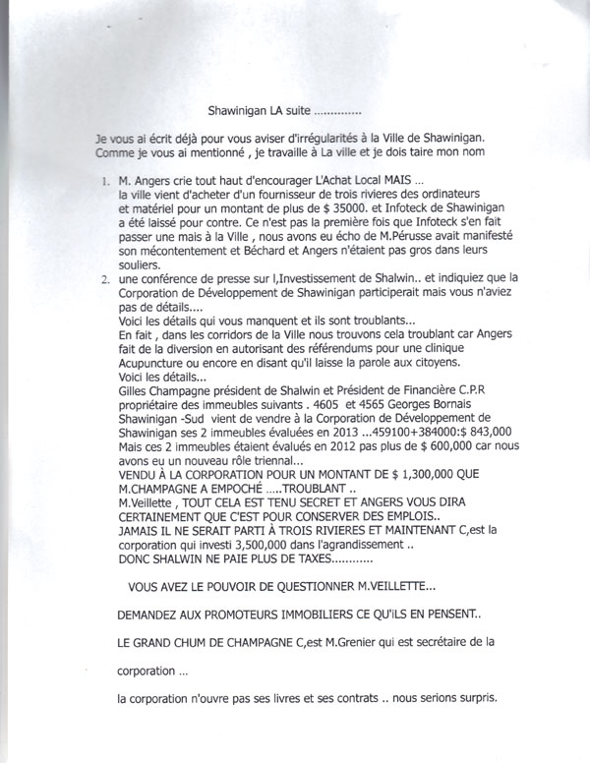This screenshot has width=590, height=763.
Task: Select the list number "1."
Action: (x=106, y=183)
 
